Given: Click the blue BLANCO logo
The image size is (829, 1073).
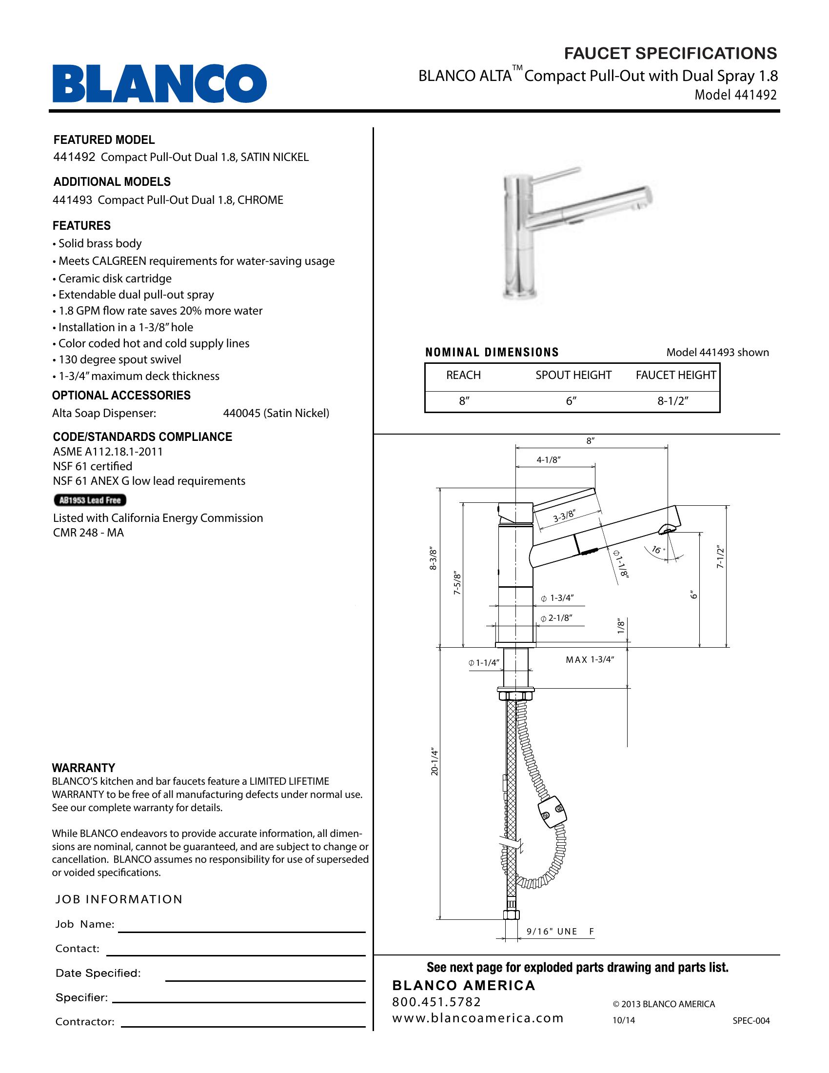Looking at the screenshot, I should point(159,83).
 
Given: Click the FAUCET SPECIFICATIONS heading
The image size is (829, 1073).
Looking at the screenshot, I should point(671,53).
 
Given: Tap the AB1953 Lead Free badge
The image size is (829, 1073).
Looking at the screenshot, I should point(90,500).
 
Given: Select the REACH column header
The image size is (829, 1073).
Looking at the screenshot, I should point(463,375).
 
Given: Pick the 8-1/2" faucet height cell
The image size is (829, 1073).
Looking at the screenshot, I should point(673,401).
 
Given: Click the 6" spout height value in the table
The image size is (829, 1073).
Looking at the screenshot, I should point(571,401).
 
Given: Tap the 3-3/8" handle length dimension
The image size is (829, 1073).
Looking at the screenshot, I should point(564,517).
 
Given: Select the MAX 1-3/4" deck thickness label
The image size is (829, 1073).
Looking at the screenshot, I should point(590,660).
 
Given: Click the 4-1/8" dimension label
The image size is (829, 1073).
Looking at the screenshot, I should point(549,460).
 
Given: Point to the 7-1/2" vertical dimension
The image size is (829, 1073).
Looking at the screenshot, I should point(720,557).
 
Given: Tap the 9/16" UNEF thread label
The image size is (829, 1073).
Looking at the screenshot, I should point(560,931).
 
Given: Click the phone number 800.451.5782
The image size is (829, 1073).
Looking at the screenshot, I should point(436,1002).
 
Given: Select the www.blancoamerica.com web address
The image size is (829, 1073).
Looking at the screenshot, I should point(477,1018).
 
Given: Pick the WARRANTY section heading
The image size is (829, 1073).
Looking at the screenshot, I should point(83,768).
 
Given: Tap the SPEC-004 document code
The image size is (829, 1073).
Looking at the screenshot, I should point(751,1020).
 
